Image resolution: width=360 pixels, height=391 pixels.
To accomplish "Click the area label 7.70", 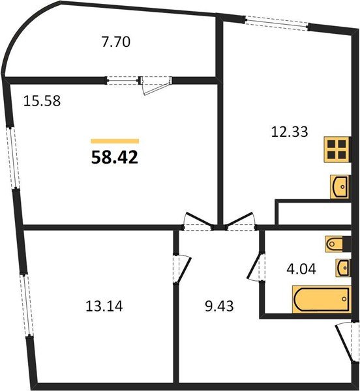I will point(117,43).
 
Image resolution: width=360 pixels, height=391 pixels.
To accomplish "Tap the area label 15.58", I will point(42,102).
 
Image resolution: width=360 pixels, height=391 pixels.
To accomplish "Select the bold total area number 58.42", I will point(115,157).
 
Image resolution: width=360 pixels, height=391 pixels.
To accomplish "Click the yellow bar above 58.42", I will point(115,141).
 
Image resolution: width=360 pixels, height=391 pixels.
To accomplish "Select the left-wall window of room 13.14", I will point(26,304).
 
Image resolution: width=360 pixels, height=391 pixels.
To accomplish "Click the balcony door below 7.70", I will point(155,83).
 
